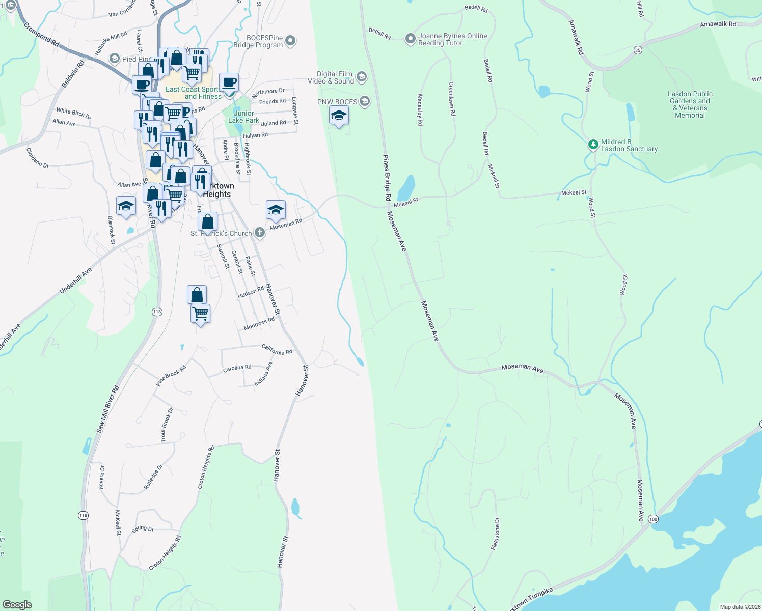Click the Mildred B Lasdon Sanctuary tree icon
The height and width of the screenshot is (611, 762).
tap(593, 145)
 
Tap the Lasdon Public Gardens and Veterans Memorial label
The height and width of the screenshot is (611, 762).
tap(690, 104)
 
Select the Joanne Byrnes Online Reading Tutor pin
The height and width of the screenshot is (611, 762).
tap(411, 39)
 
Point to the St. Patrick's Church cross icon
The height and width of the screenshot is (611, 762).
tap(260, 233)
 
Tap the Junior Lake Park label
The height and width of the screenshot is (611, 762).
tap(243, 117)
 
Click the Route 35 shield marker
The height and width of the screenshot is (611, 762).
tap(638, 50)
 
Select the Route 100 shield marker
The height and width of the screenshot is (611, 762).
tap(654, 519)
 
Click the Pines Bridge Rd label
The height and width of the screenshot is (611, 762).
tap(387, 178)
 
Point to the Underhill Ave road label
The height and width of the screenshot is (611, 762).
tap(75, 281)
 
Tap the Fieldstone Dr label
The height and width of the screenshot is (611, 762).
tap(495, 534)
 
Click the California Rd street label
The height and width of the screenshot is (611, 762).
tap(277, 350)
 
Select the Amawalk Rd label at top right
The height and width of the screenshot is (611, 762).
tap(718, 24)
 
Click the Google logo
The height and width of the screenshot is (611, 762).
tap(17, 604)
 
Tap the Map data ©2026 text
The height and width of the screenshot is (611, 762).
tap(740, 607)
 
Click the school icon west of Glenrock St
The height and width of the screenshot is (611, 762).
tap(126, 207)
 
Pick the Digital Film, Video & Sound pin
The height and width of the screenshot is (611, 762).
tap(362, 77)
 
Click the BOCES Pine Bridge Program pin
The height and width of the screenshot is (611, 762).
tap(290, 40)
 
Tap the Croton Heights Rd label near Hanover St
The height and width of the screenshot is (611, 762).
tap(206, 467)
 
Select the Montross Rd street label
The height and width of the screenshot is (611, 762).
tap(259, 324)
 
